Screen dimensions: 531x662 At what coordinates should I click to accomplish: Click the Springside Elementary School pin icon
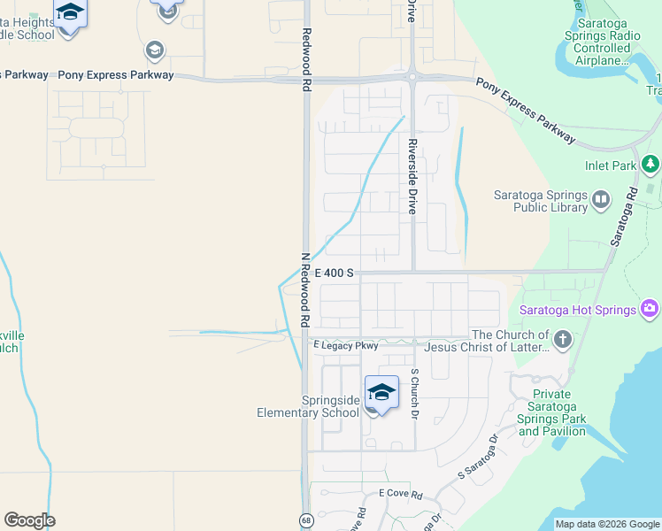381,393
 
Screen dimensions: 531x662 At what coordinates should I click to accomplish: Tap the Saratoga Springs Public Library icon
601,199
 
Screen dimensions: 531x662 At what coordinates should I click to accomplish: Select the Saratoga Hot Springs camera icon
650,309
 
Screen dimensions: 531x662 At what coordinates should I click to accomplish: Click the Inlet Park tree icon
650,165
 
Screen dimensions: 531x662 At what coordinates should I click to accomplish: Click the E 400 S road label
334,273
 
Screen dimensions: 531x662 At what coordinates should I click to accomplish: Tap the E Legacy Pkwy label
345,345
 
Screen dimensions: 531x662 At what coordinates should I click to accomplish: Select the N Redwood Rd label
304,288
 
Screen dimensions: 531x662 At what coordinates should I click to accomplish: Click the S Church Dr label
413,393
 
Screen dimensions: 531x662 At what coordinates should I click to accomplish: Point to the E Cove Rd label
400,493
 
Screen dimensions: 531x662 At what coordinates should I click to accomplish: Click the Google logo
29,520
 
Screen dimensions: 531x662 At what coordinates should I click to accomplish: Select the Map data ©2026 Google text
607,524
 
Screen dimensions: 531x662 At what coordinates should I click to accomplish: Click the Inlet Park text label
611,165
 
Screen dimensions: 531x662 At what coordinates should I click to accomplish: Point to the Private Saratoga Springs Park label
552,412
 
